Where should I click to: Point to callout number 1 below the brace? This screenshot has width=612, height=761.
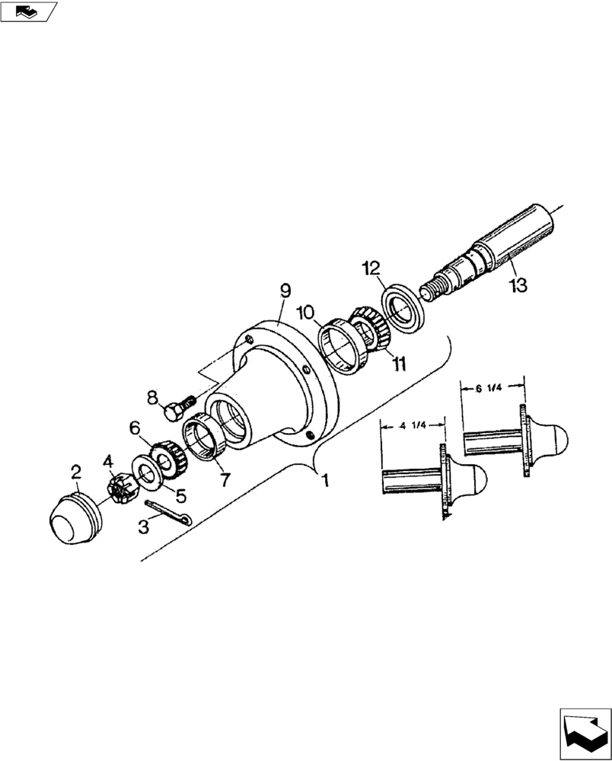(326, 482)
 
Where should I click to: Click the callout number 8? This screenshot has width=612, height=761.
(153, 396)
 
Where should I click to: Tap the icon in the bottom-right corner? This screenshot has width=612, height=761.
(585, 733)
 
